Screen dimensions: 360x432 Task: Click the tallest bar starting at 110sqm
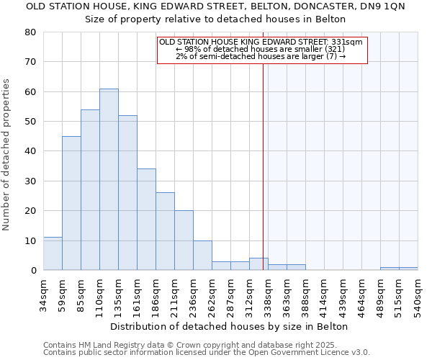pyautogui.click(x=109, y=179)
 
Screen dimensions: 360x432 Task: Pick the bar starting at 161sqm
pyautogui.click(x=146, y=220)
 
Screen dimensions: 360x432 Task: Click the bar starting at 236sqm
pyautogui.click(x=202, y=256)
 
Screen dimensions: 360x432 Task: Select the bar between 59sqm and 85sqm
pyautogui.click(x=71, y=203)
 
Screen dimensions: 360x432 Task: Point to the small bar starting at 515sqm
pyautogui.click(x=408, y=269)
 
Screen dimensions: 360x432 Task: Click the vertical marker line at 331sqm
pyautogui.click(x=263, y=158)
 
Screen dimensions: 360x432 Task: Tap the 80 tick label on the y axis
pyautogui.click(x=30, y=32)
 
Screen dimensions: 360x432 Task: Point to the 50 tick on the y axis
pyautogui.click(x=30, y=122)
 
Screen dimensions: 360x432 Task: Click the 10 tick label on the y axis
pyautogui.click(x=30, y=240)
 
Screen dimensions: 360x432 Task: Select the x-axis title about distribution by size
pyautogui.click(x=230, y=326)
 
